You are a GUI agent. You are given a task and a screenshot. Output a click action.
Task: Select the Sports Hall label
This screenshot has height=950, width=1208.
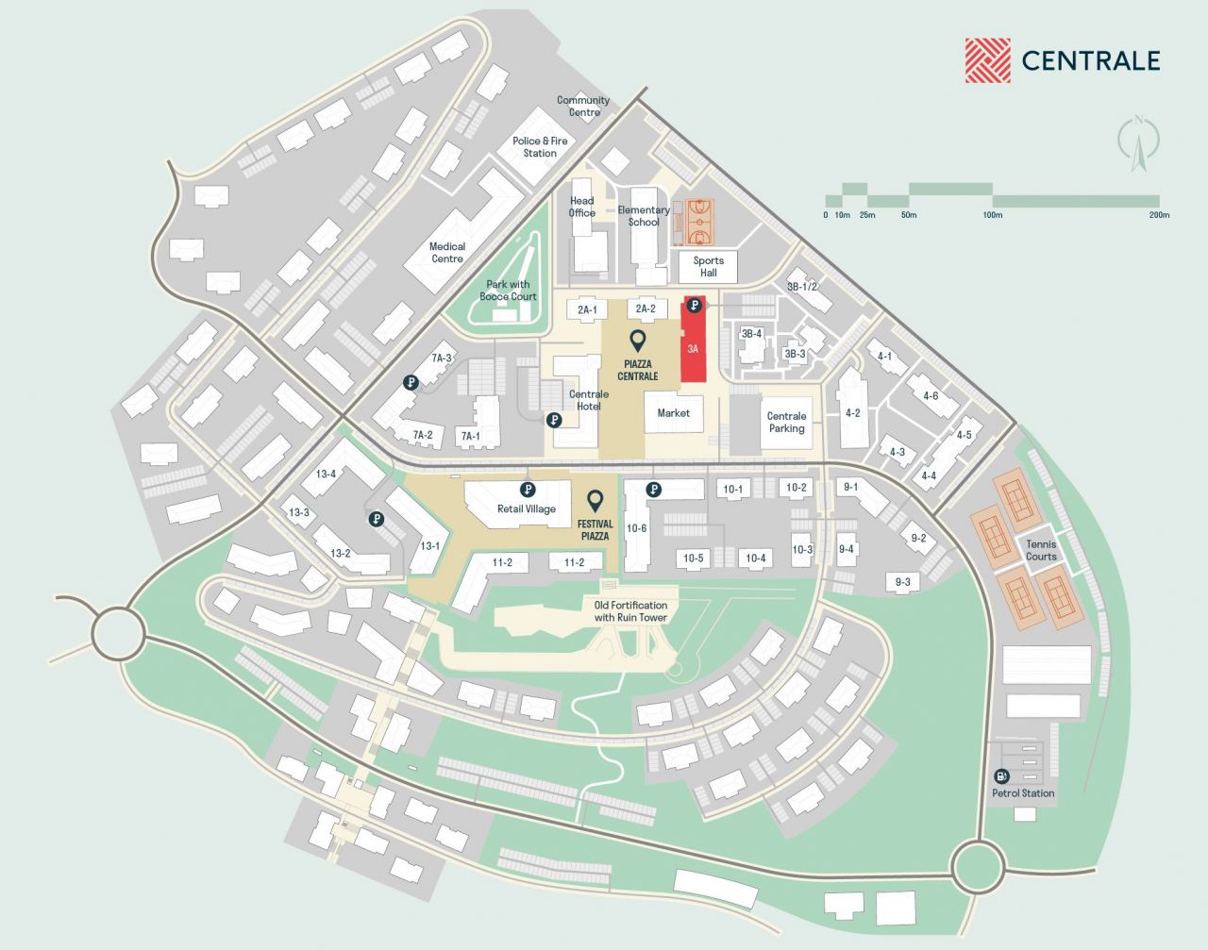[x=708, y=267]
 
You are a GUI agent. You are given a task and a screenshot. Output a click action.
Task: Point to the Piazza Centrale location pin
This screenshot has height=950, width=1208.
[x=638, y=341]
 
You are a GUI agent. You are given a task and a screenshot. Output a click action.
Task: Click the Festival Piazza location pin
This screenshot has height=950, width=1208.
[x=595, y=500]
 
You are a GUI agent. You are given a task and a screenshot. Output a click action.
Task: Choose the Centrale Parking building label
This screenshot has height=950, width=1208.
[x=786, y=422]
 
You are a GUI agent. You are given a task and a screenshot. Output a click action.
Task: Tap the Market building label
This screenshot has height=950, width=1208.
[x=674, y=412]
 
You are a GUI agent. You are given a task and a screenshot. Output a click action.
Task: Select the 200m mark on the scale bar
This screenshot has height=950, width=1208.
[x=1159, y=214]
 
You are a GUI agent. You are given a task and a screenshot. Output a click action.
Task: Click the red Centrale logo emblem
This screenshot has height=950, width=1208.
[x=987, y=60]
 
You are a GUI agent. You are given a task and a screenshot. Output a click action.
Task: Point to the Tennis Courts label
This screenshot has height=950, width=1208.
[x=1041, y=550]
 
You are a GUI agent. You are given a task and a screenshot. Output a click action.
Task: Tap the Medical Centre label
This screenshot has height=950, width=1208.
[x=447, y=252]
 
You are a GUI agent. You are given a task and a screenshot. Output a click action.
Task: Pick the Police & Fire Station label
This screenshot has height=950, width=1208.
[x=540, y=146]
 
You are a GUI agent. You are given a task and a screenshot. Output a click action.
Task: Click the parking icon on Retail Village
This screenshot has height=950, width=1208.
[x=528, y=490]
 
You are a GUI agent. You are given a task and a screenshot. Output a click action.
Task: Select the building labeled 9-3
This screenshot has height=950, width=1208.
[x=902, y=582]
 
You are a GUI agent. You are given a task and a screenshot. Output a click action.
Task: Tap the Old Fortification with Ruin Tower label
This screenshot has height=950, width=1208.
[x=630, y=611]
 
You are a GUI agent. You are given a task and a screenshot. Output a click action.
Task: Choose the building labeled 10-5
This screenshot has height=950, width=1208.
[x=694, y=558]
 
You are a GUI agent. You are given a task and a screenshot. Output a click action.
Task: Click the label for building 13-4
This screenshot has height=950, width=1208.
[x=326, y=474]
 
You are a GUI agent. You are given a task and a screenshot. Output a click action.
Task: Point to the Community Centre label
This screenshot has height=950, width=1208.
[x=583, y=106]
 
